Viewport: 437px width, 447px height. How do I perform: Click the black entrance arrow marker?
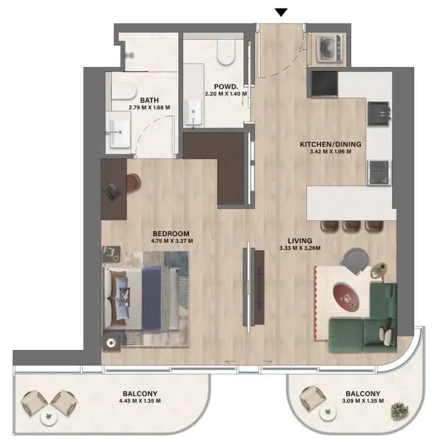pyautogui.click(x=281, y=13)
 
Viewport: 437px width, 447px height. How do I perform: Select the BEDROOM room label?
pyautogui.click(x=171, y=234)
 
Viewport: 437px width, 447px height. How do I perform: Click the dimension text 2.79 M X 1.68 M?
pyautogui.click(x=149, y=108)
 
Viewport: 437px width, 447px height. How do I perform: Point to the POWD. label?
pyautogui.click(x=226, y=86)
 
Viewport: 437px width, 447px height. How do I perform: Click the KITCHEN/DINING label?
pyautogui.click(x=330, y=144)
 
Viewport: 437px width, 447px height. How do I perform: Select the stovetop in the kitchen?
pyautogui.click(x=379, y=173)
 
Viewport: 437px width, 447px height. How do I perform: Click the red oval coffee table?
pyautogui.click(x=346, y=296)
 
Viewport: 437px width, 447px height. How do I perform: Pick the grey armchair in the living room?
pyautogui.click(x=354, y=262)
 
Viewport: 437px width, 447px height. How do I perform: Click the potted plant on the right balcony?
pyautogui.click(x=399, y=411)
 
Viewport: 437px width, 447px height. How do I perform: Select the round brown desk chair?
pyautogui.click(x=133, y=182)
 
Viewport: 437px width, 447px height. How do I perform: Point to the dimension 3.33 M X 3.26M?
pyautogui.click(x=299, y=248)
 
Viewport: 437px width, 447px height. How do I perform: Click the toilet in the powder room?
pyautogui.click(x=226, y=52)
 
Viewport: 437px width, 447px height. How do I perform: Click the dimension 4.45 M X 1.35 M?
pyautogui.click(x=140, y=401)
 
